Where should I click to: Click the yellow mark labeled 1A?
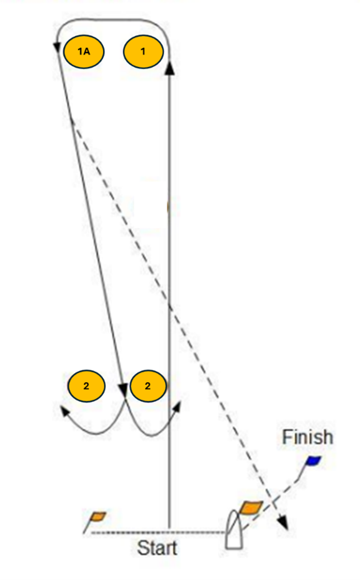[84, 51]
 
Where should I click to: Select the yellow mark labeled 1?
[143, 51]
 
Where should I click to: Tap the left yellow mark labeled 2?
[86, 386]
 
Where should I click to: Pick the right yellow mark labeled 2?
[147, 386]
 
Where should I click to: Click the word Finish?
[307, 437]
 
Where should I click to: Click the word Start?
[157, 548]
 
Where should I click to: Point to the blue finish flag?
[313, 461]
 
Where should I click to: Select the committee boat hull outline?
[234, 529]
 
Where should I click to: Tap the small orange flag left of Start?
[98, 516]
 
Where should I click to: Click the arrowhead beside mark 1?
[169, 68]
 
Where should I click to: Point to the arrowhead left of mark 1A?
[57, 47]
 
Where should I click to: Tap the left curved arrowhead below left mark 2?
[66, 411]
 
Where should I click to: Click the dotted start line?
[158, 532]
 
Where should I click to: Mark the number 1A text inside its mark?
[84, 51]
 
